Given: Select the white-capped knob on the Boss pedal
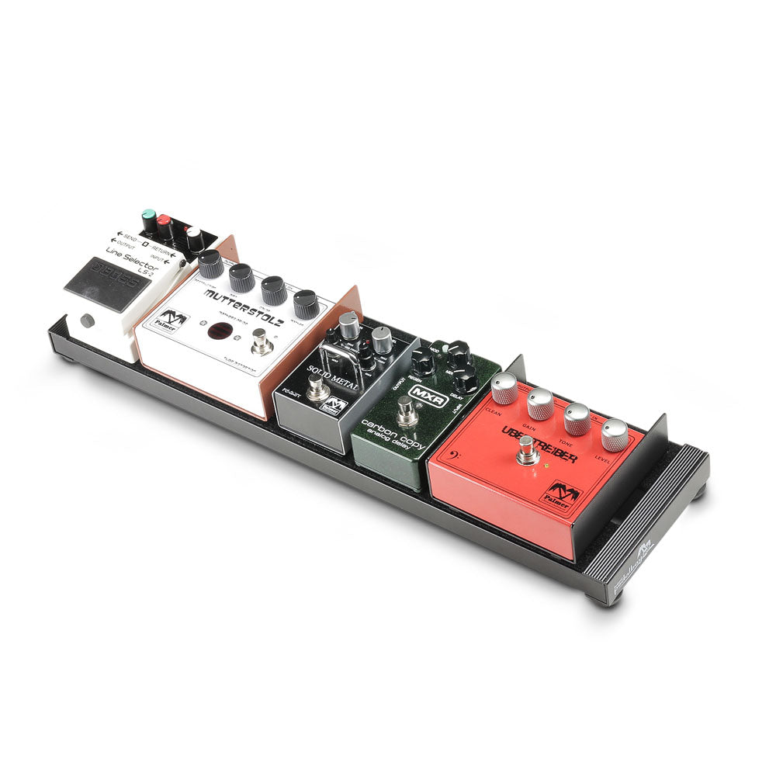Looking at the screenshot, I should (x=193, y=235).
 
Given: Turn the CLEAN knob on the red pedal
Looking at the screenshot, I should (x=504, y=386).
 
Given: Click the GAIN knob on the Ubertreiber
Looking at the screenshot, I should (x=540, y=402).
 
